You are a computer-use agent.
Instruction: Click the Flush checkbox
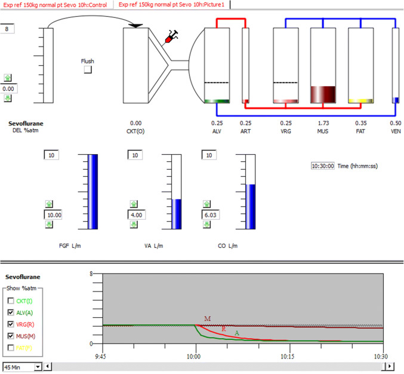point(88,70)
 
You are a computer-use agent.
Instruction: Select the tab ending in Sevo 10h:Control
point(58,4)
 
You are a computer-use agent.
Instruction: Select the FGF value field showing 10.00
point(54,214)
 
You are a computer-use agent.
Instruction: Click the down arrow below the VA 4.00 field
point(132,224)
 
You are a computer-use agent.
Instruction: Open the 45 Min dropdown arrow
point(38,366)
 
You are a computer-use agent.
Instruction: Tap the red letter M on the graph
point(208,319)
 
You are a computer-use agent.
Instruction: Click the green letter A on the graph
point(237,333)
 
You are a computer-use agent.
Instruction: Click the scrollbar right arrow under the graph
point(390,366)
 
